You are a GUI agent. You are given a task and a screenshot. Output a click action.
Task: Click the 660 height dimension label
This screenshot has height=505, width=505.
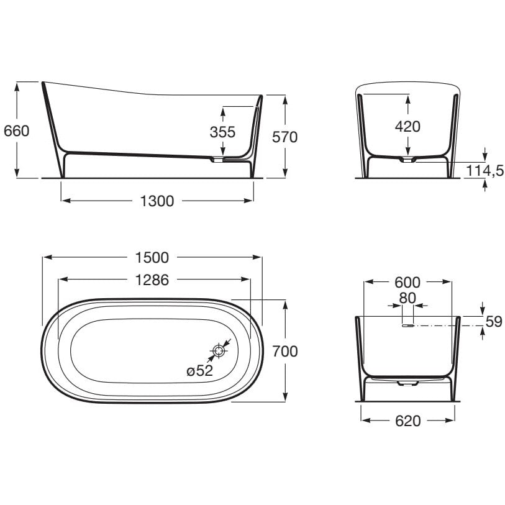16,131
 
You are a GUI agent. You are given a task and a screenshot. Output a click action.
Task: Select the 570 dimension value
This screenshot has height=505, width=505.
284,137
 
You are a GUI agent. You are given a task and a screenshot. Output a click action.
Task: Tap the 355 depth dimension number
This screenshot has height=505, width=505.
222,132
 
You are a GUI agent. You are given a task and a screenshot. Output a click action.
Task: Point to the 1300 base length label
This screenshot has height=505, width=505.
157,201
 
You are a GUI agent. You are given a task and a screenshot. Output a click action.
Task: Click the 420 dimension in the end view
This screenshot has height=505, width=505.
407,127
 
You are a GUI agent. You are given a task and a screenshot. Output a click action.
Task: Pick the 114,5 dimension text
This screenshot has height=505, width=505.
485,171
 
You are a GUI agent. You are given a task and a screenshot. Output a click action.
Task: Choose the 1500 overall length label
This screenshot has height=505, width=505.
152,258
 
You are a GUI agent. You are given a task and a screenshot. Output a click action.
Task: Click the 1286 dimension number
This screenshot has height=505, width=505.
152,280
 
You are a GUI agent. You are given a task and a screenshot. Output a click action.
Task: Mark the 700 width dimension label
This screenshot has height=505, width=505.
285,351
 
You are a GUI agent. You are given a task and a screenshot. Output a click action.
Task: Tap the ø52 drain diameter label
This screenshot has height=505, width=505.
199,371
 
